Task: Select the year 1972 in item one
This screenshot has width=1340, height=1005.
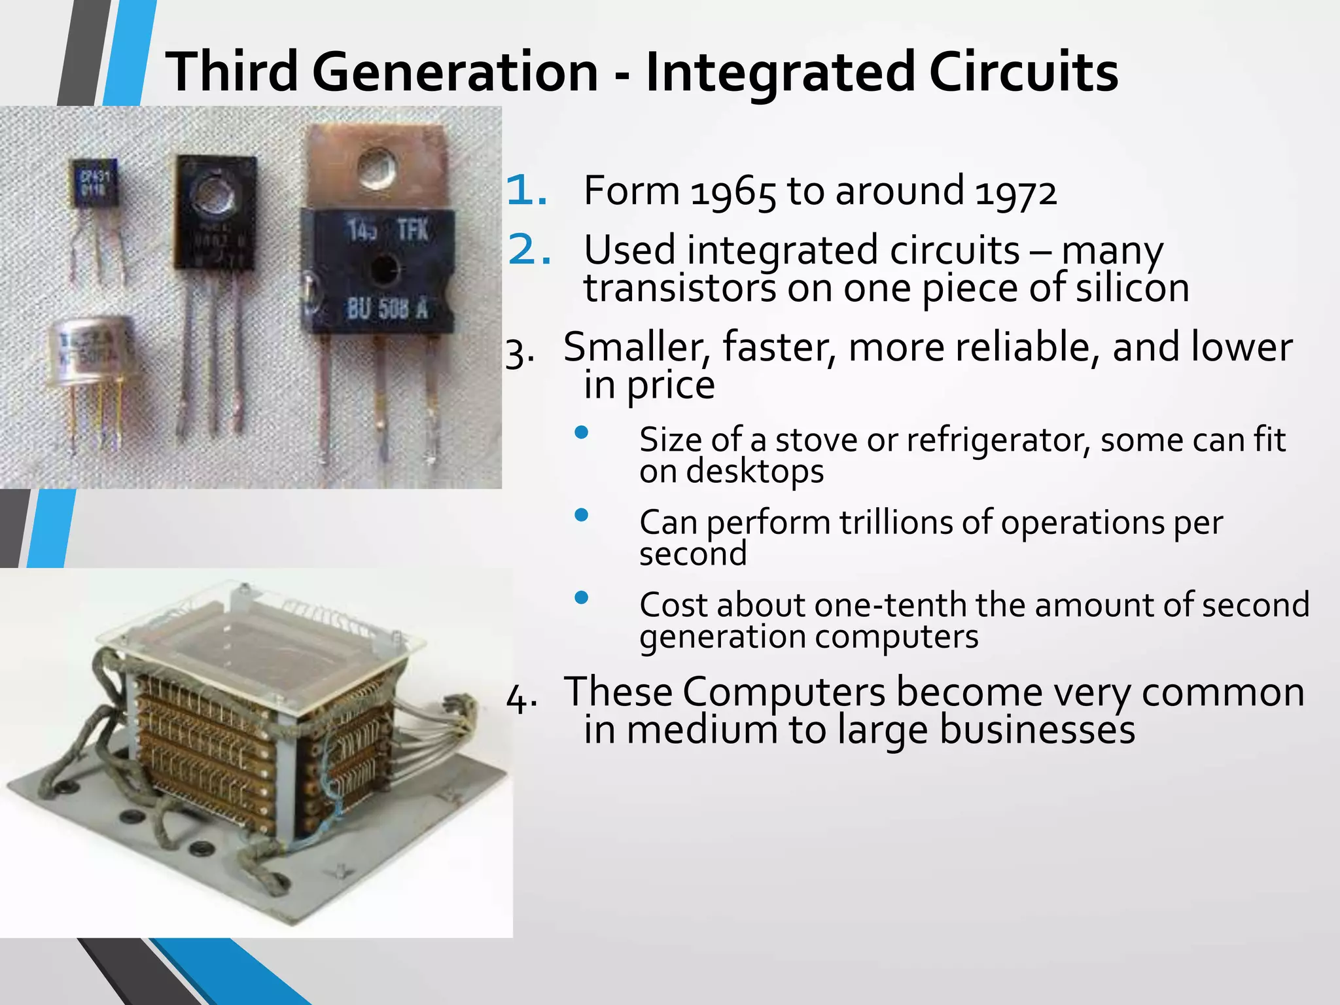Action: (1015, 192)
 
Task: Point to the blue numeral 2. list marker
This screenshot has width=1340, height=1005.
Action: (529, 250)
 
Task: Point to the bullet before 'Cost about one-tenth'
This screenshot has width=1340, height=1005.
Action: (581, 597)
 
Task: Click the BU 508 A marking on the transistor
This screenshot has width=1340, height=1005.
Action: (387, 308)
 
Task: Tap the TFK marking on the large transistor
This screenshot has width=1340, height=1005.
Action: (413, 230)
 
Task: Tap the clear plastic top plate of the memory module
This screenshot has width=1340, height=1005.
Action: (262, 628)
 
